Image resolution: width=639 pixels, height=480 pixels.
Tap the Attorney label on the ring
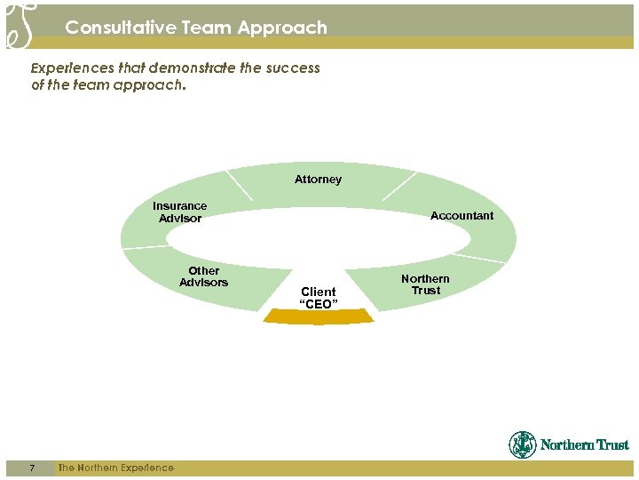tap(318, 180)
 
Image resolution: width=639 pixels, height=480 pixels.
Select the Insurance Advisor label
tap(179, 212)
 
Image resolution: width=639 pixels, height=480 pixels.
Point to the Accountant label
tap(461, 216)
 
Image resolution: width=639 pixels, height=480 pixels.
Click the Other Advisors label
tap(203, 276)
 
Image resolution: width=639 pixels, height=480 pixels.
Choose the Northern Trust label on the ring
tap(425, 284)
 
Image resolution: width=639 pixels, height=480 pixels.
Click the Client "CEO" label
tap(318, 298)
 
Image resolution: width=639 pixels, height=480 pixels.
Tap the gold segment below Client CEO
tap(318, 316)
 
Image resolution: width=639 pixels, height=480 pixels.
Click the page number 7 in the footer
tap(31, 468)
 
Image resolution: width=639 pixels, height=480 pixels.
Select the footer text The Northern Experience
tap(115, 468)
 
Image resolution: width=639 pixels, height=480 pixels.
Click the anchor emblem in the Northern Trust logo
tap(523, 444)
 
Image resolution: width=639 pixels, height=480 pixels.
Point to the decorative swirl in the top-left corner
tap(20, 24)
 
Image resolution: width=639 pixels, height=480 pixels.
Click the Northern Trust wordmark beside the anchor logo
tap(584, 445)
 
